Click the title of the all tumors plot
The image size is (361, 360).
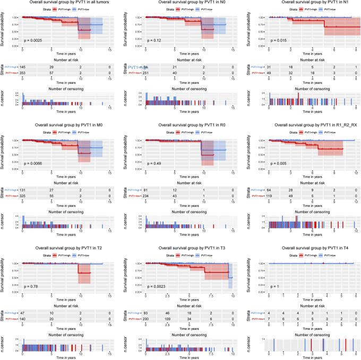click(62, 3)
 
